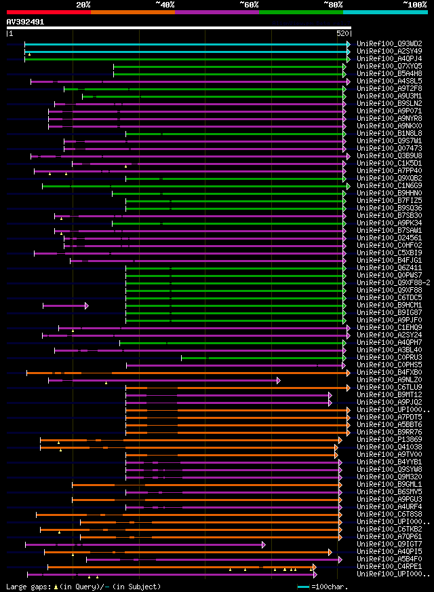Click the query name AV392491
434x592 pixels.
[x=25, y=22]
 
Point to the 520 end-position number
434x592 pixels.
[x=342, y=33]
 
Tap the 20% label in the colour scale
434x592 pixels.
[x=83, y=4]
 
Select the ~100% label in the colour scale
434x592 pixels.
[x=414, y=4]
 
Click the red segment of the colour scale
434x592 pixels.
[x=48, y=12]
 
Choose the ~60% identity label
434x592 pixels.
[x=249, y=4]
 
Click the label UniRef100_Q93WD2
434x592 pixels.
[x=389, y=43]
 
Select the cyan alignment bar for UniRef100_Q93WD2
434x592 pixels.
[x=186, y=43]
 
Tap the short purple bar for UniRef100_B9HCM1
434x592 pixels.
[x=65, y=306]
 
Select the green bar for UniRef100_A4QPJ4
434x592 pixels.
[x=186, y=59]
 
